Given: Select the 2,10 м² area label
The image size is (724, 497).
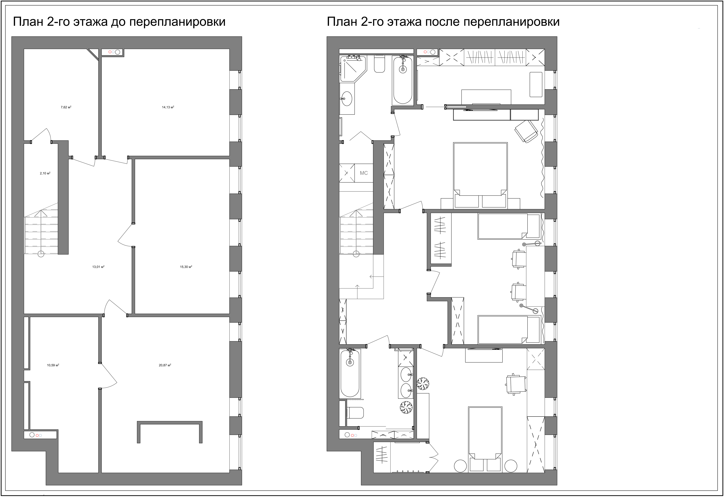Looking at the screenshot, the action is click(x=45, y=173).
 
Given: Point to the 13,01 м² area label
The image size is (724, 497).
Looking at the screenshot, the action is click(x=98, y=267).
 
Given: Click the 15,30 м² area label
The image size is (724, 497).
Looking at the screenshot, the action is click(x=186, y=267).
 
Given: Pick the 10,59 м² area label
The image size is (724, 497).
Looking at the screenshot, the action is click(x=53, y=365).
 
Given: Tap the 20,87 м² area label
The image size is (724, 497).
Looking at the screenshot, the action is click(x=165, y=365).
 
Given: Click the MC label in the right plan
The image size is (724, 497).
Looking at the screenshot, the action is click(x=364, y=173).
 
